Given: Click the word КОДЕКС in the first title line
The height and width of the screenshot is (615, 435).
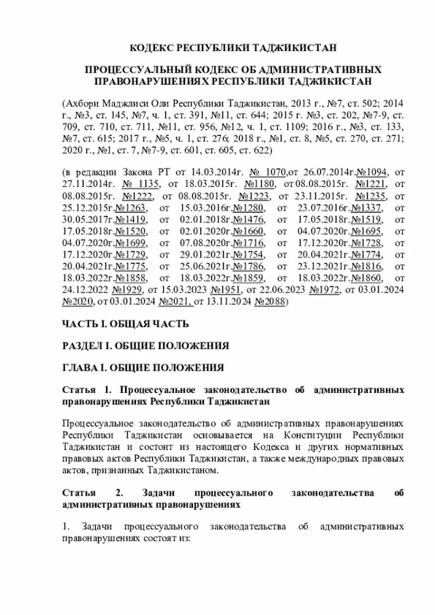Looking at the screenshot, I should click(152, 48).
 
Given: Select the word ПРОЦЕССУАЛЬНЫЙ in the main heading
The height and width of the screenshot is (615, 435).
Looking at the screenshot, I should click(135, 70).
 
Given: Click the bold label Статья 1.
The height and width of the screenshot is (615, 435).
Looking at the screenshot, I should click(86, 390).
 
